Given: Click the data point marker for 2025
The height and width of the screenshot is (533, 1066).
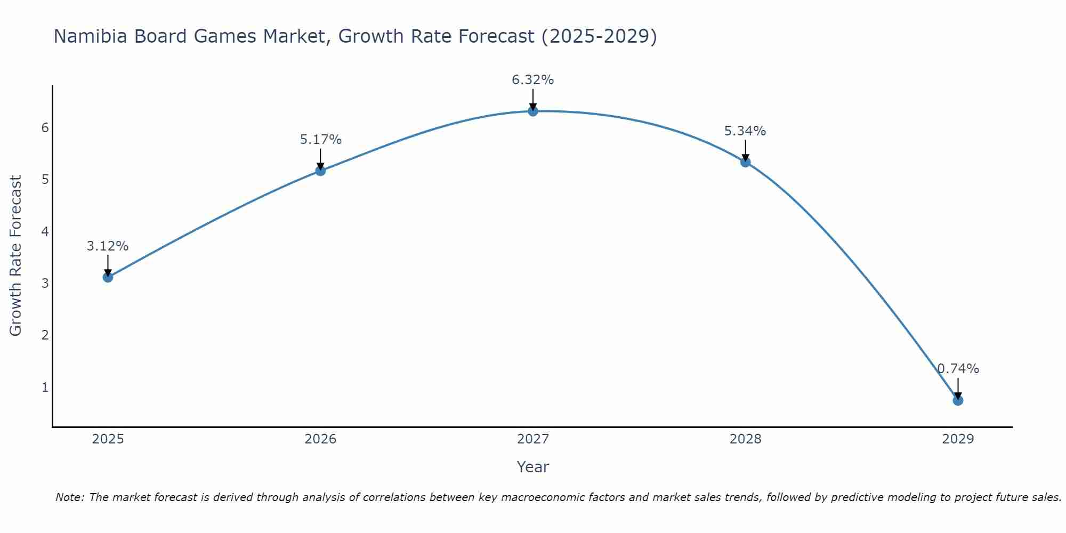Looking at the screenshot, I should tap(108, 277).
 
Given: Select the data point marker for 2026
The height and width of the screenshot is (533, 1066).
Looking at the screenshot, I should tap(320, 171).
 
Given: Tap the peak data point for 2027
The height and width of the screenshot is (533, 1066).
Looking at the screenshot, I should tap(532, 111).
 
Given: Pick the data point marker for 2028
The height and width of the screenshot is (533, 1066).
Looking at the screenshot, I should tap(745, 162).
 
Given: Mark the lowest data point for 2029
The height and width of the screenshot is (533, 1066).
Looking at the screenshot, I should tap(958, 400).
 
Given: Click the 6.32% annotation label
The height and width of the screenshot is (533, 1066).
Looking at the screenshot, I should tap(532, 80).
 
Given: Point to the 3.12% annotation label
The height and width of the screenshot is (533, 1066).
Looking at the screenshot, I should tap(108, 246).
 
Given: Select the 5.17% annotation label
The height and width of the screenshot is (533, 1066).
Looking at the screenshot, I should tap(320, 140).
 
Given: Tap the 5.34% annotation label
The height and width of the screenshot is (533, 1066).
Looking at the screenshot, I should tap(745, 131).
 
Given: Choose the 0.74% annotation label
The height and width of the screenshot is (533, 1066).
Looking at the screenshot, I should tap(958, 369).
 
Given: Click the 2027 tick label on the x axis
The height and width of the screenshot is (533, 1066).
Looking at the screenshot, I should tap(532, 439).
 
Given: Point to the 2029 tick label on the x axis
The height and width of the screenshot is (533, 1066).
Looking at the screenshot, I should tap(958, 439).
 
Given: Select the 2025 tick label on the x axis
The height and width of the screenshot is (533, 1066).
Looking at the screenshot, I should tap(108, 439).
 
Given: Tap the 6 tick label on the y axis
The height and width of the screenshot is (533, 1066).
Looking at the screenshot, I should tap(45, 127).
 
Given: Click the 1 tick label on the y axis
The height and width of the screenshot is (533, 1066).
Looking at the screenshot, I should tap(45, 387).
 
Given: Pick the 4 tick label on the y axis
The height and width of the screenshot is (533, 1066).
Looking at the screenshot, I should tap(45, 231).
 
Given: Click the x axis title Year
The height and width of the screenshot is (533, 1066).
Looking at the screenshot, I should tap(532, 467).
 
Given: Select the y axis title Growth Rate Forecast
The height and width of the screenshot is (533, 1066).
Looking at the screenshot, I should tap(16, 256).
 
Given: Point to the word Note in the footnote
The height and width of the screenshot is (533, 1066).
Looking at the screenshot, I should tap(69, 497).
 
